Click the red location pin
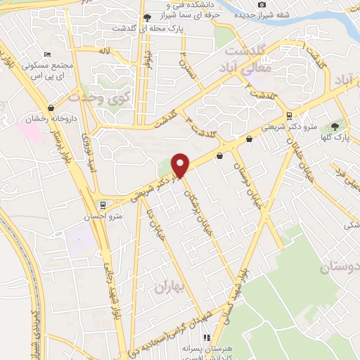(x=181, y=165)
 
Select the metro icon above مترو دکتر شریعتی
(x=289, y=116)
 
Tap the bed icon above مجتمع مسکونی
(x=47, y=55)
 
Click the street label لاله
(x=103, y=51)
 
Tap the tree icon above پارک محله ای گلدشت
(x=146, y=18)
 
